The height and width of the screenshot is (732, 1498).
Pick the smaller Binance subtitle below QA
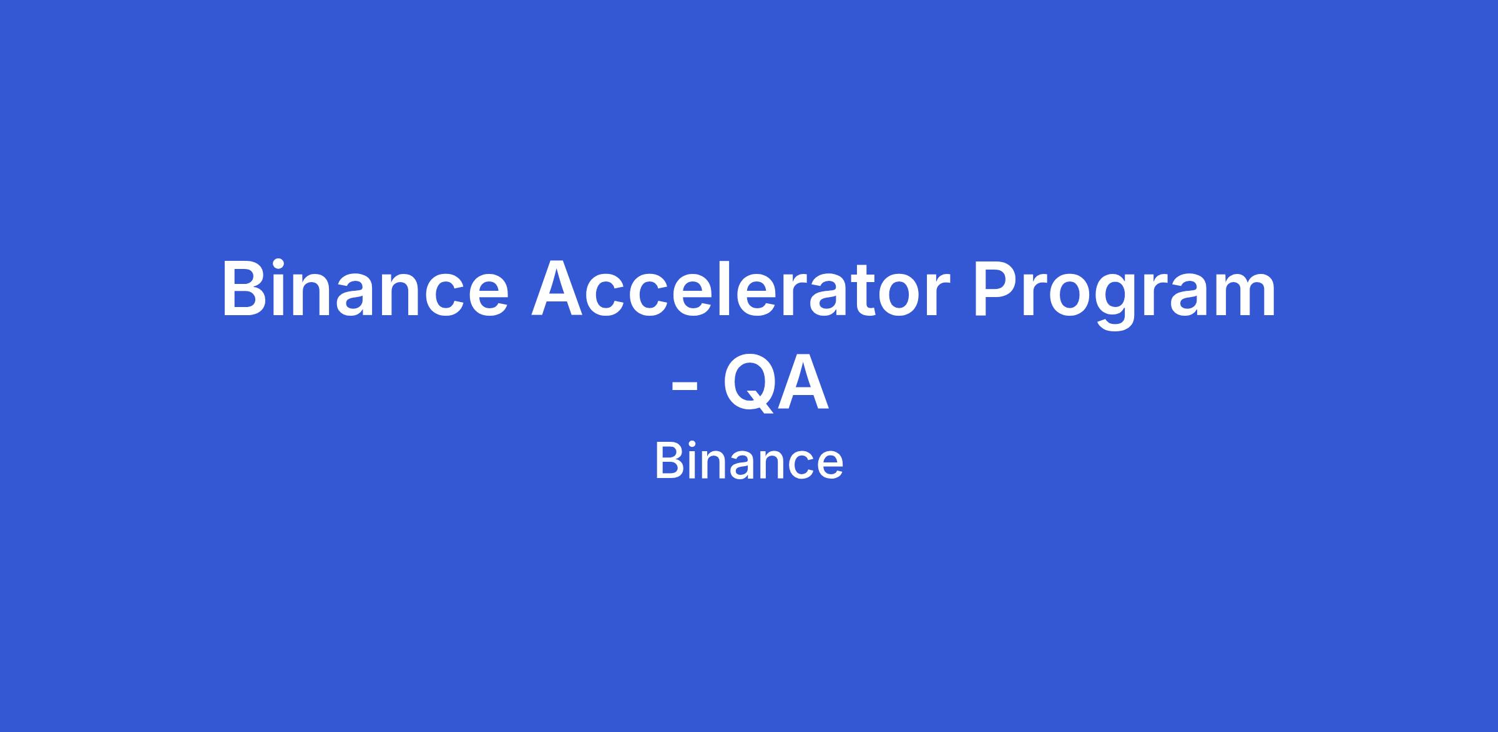749,462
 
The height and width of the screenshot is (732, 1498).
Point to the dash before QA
684,389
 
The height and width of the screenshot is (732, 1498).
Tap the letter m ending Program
1243,296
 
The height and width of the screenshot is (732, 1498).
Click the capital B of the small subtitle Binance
667,462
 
